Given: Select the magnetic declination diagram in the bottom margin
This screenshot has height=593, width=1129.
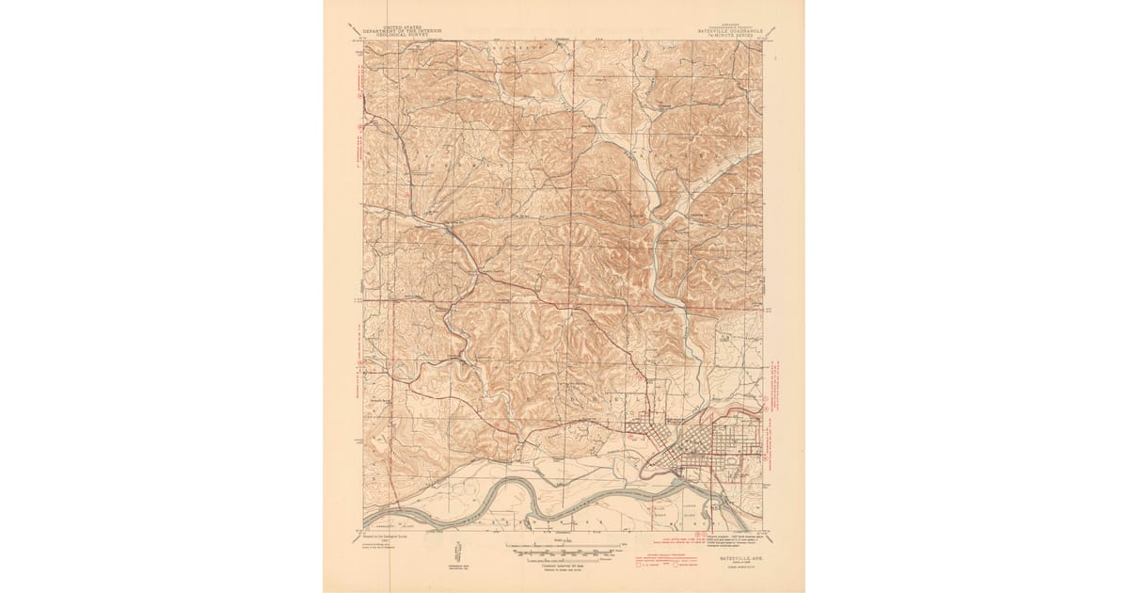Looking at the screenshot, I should (456, 550).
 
